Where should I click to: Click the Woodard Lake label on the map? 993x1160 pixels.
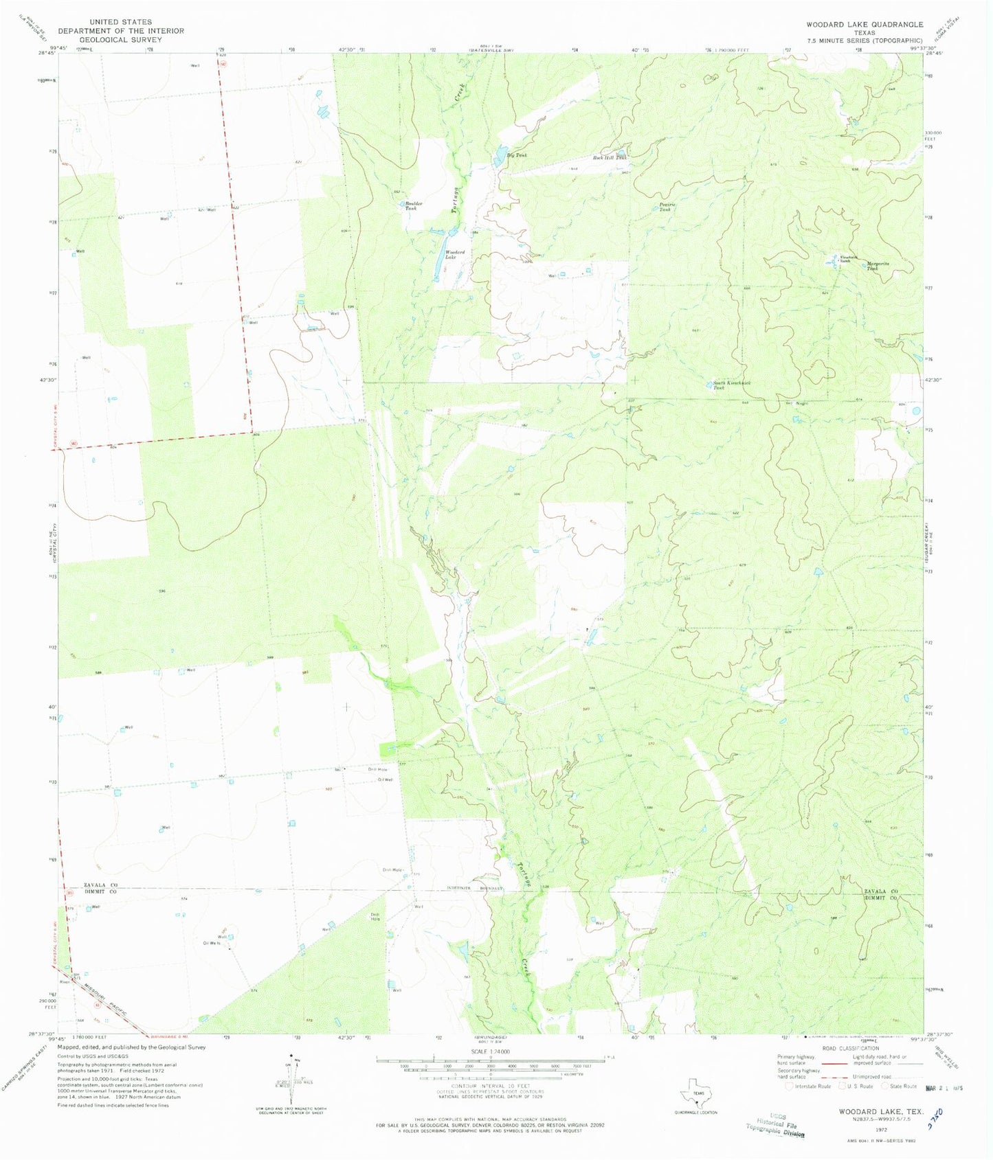(x=450, y=254)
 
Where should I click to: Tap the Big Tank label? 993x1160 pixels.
(x=517, y=156)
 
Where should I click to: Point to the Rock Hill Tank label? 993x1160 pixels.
(x=610, y=158)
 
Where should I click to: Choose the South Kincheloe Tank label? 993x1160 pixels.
(x=728, y=385)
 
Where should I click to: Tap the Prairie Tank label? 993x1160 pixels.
(x=665, y=207)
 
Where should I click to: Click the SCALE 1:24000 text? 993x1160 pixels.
(x=490, y=1051)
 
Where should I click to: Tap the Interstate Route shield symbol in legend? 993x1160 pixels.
(x=790, y=1086)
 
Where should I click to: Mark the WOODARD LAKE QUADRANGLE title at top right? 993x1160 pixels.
(x=864, y=24)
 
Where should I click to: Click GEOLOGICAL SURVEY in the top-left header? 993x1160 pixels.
(x=121, y=40)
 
